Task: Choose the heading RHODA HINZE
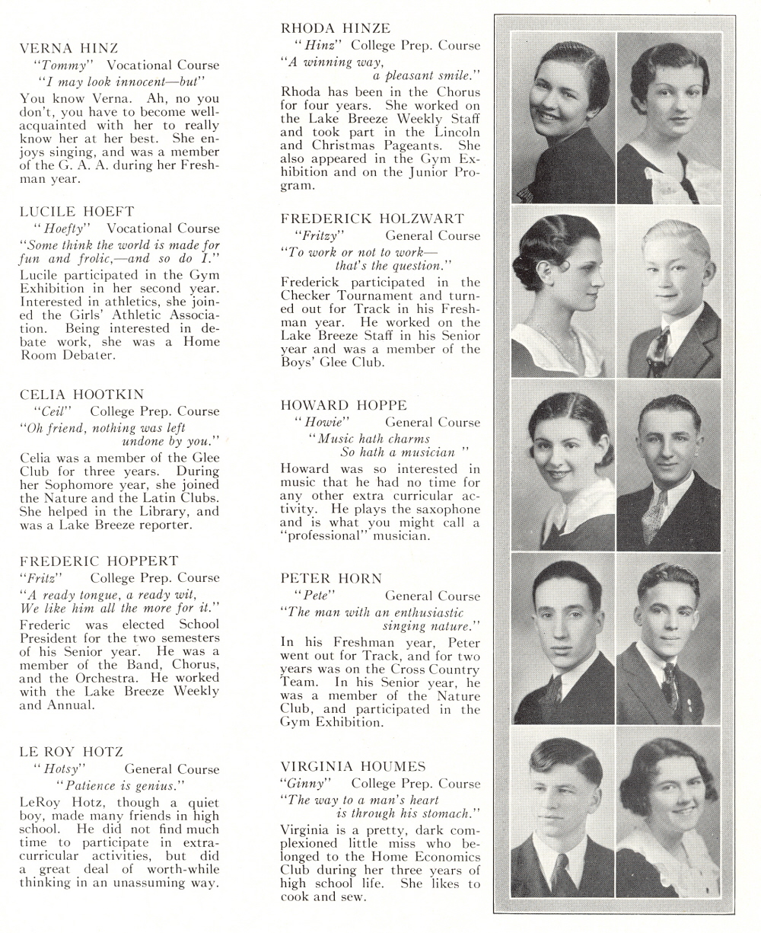(x=336, y=28)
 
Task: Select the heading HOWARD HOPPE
(x=344, y=404)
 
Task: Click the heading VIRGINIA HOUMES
(x=353, y=765)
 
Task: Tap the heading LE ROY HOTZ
(x=71, y=752)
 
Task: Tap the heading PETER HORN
(x=331, y=578)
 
